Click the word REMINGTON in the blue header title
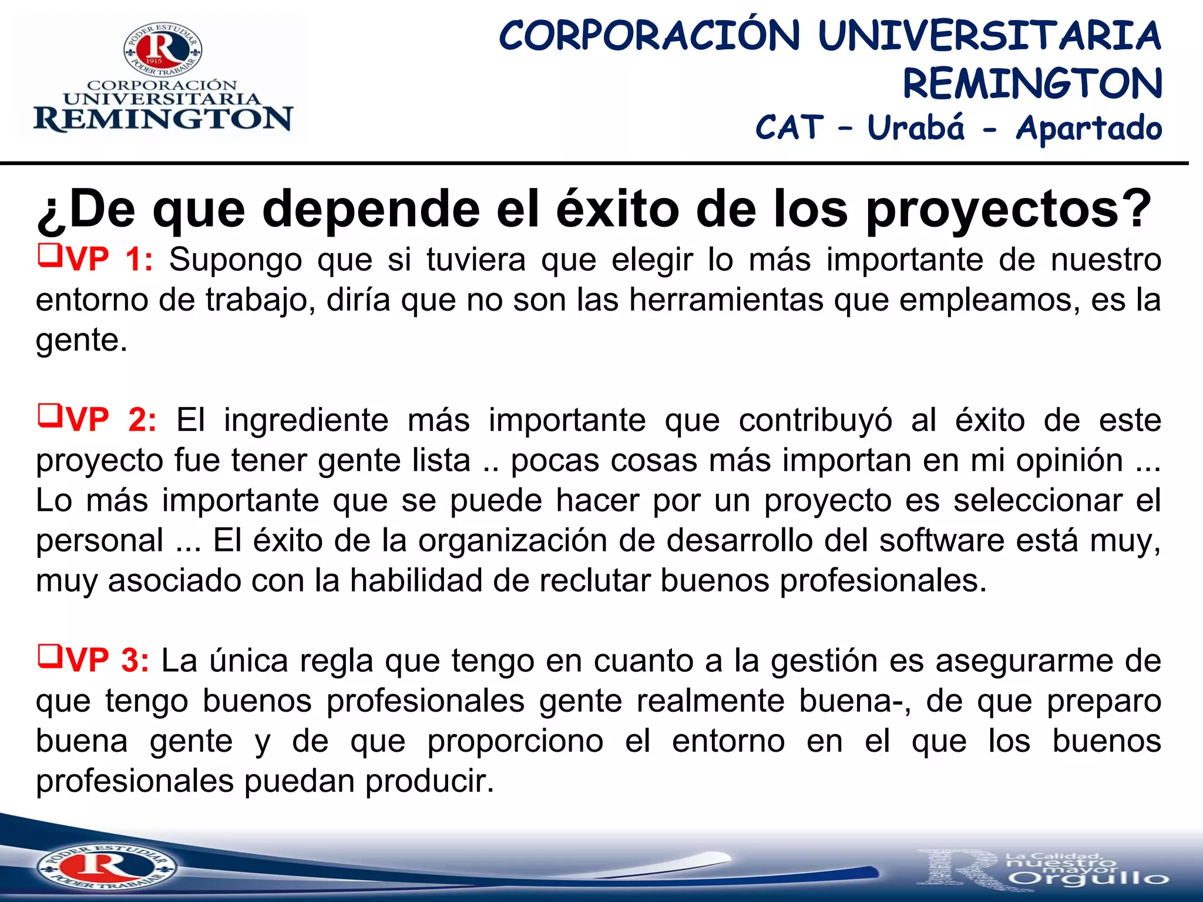tap(1032, 84)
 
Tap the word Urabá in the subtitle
tap(916, 127)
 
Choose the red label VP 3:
tap(108, 660)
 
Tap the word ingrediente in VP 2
tap(306, 420)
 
